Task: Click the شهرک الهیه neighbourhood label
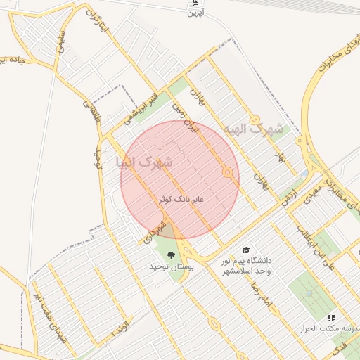click(x=254, y=130)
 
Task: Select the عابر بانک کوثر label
click(x=180, y=200)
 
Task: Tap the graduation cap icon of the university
click(x=246, y=250)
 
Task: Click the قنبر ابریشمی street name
click(x=140, y=108)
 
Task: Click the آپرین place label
click(x=195, y=13)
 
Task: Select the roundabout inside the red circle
click(x=227, y=172)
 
